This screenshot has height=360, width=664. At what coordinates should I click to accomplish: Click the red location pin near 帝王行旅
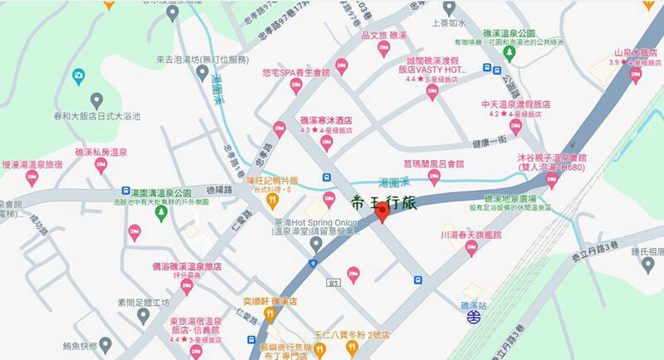click(x=382, y=212)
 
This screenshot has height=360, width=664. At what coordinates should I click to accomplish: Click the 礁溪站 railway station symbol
click(x=472, y=315)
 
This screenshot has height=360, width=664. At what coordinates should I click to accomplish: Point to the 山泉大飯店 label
click(x=635, y=51)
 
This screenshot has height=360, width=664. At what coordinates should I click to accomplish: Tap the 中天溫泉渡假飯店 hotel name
click(x=516, y=105)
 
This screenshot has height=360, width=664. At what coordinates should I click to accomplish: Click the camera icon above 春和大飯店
click(x=79, y=77)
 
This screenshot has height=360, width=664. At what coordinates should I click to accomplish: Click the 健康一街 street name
click(x=491, y=143)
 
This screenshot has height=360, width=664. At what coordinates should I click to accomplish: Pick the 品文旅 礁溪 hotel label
click(x=383, y=36)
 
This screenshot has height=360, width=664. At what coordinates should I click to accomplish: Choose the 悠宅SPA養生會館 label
click(x=295, y=73)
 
